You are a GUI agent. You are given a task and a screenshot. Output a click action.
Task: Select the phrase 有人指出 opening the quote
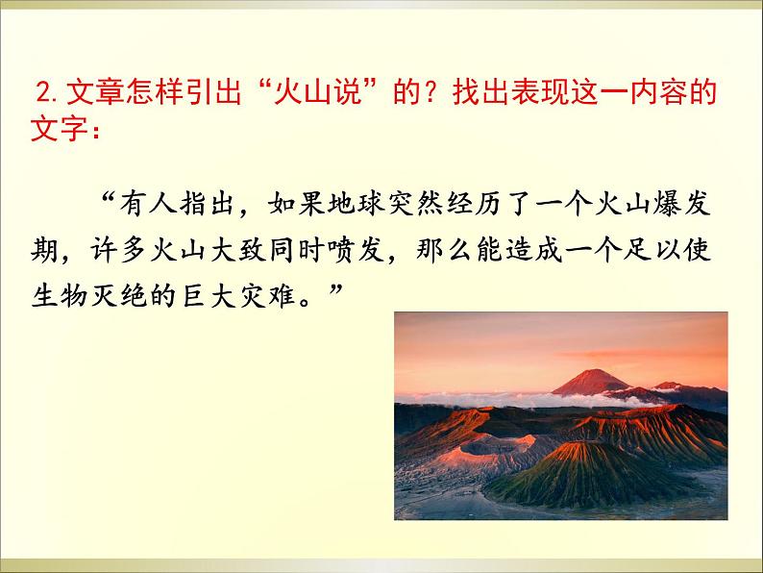point(175,206)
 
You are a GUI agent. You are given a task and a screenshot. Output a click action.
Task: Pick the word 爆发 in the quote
point(690,206)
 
